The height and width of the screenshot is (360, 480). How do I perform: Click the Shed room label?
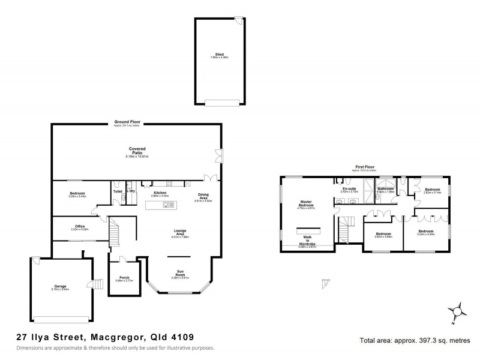(x=220, y=55)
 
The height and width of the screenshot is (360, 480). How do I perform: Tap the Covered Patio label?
(x=136, y=151)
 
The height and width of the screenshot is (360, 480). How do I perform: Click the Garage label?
(x=61, y=287)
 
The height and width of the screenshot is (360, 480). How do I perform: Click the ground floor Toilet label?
(x=118, y=192)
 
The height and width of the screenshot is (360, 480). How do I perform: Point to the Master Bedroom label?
(x=307, y=204)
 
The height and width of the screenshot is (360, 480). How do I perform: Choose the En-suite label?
(x=349, y=189)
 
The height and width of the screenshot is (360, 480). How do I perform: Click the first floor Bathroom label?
(x=385, y=189)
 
